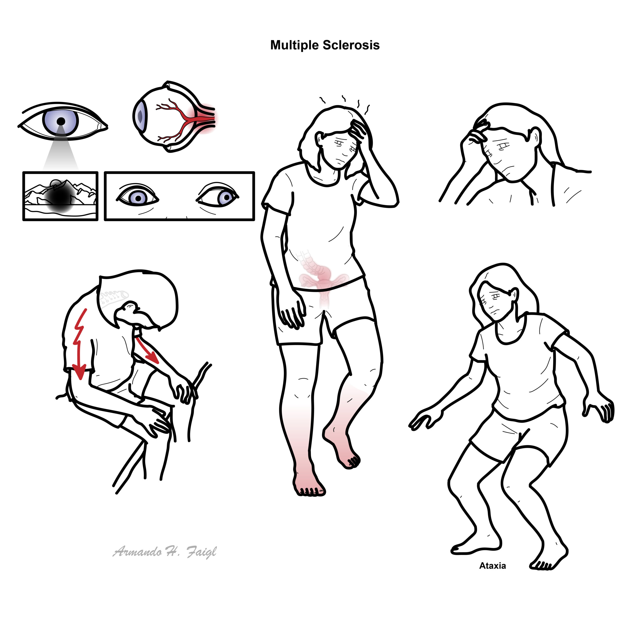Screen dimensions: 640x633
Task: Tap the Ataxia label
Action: coord(492,566)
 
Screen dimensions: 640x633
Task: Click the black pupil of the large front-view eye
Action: coord(61,121)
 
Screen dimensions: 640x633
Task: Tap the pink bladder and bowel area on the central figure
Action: coord(320,278)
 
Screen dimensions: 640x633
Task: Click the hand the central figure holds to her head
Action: coord(359,131)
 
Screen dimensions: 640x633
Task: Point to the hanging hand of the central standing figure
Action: coord(291,312)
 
